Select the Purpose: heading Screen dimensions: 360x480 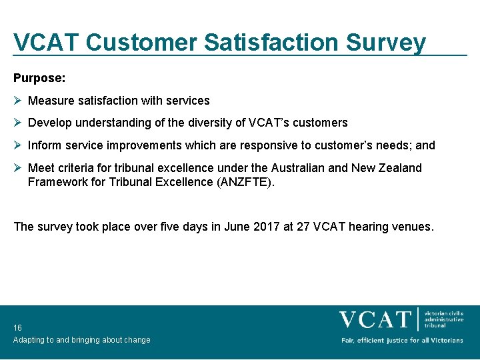39,78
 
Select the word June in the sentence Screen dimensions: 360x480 235,227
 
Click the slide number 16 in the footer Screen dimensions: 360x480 17,328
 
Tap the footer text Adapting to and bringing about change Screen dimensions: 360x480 81,340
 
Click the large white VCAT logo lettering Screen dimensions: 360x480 375,319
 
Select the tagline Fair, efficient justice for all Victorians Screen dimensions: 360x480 402,341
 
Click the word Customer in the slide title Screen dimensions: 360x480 141,42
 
